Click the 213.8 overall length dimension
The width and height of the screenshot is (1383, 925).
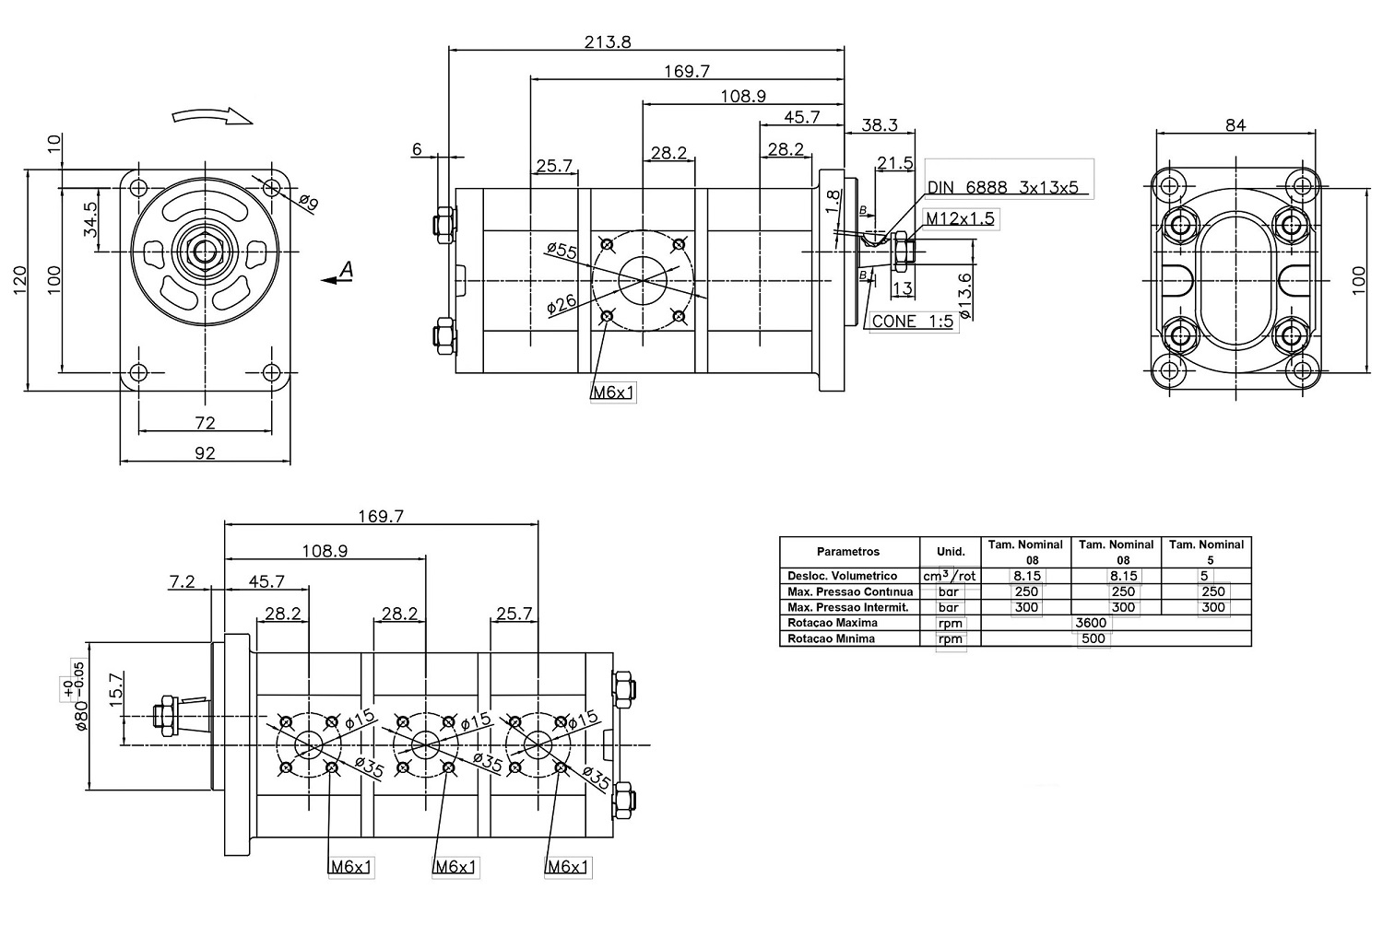point(608,42)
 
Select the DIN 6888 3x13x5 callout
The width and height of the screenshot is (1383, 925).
point(1002,187)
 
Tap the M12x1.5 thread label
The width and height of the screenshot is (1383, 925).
point(960,218)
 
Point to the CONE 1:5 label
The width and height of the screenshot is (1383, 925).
point(912,322)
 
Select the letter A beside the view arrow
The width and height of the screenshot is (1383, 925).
point(346,269)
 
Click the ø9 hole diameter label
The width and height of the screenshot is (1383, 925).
point(308,203)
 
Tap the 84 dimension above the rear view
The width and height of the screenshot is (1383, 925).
point(1235,125)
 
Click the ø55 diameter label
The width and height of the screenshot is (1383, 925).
point(561,251)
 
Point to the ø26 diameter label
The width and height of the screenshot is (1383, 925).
point(561,302)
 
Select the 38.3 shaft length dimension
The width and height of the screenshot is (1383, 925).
point(878,125)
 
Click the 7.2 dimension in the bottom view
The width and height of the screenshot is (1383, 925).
point(183,581)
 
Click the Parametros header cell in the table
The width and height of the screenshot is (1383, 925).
point(848,552)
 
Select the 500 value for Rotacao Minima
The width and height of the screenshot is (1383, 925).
point(1093,638)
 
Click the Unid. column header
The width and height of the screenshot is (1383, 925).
point(951,552)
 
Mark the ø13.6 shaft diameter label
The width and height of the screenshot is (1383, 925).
point(964,295)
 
